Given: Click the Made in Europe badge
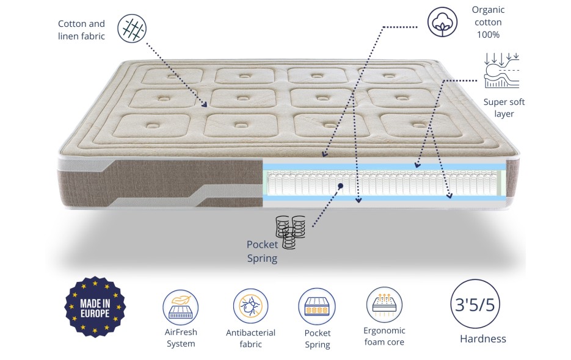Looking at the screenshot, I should tap(95, 307).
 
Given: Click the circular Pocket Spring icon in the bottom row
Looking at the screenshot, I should tap(317, 306).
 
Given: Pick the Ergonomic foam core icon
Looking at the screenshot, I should tap(384, 305).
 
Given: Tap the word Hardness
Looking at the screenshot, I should tap(482, 339).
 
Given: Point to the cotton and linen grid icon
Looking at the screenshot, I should tap(131, 29).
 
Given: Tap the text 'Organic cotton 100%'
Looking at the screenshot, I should tap(489, 22).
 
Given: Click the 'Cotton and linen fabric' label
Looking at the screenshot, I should tap(81, 30).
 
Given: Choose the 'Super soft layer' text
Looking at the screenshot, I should tap(504, 108).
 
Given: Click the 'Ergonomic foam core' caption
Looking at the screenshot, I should tap(384, 336).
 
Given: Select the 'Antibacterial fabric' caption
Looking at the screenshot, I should tap(251, 338).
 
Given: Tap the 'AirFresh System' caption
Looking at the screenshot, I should tap(181, 338).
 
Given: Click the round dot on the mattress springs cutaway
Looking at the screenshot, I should tap(341, 185).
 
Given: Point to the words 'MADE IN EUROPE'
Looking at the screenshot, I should tap(95, 308).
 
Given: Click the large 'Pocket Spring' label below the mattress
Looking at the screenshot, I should tap(262, 251).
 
